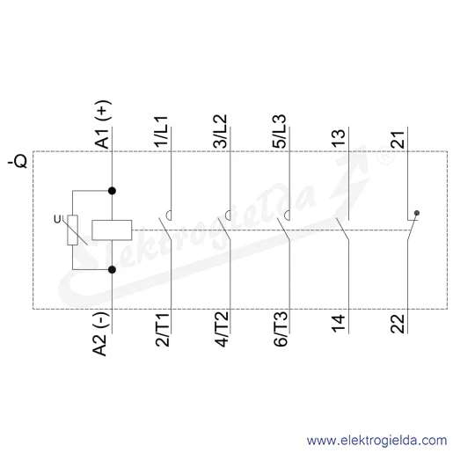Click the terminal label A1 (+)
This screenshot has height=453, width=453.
click(103, 124)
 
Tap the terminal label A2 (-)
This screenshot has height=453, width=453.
click(100, 333)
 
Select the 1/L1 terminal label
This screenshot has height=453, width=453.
click(161, 132)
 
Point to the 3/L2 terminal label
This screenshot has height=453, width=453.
click(220, 131)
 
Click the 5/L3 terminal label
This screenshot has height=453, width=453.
click(279, 131)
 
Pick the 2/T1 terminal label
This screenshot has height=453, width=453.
click(163, 330)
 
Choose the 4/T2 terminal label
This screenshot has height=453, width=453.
click(222, 329)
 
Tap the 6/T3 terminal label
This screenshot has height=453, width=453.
click(281, 329)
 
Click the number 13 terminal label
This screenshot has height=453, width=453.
click(339, 138)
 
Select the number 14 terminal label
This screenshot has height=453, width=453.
click(339, 324)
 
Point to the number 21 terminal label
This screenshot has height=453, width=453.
click(398, 139)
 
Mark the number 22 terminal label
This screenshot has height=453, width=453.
click(398, 324)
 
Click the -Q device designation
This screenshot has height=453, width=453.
click(18, 161)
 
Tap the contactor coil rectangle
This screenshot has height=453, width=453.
click(112, 230)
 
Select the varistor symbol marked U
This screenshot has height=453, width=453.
click(72, 230)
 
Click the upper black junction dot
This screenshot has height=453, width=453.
click(112, 191)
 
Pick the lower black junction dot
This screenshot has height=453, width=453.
click(112, 269)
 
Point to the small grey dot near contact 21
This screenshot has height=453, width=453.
click(417, 213)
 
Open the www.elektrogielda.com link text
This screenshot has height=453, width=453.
click(376, 441)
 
